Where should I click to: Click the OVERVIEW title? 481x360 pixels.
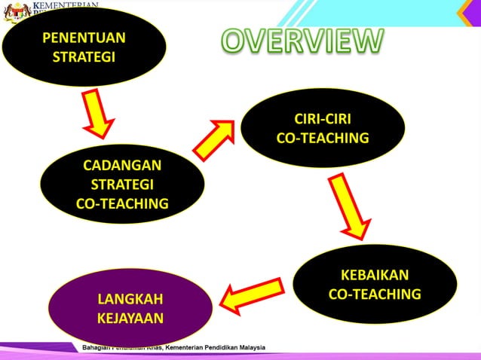pos(302,41)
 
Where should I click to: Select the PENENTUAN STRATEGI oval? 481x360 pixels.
pos(84,47)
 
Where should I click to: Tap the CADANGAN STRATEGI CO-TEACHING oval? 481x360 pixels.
pos(122,184)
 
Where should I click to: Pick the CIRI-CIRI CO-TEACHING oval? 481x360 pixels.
pos(323,128)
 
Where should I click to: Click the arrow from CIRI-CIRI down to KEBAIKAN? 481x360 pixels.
pos(349,206)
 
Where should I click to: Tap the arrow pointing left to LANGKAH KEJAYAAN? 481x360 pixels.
pos(252,294)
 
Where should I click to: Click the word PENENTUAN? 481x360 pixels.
pos(84,38)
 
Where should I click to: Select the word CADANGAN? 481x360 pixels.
pos(122,166)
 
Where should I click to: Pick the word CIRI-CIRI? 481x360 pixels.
pos(323,119)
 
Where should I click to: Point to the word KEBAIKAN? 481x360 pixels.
pos(375,275)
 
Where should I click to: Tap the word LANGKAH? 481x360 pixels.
pos(130,298)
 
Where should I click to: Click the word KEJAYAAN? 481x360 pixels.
pos(130,317)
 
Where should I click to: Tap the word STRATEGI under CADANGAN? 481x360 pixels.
pos(122,185)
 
